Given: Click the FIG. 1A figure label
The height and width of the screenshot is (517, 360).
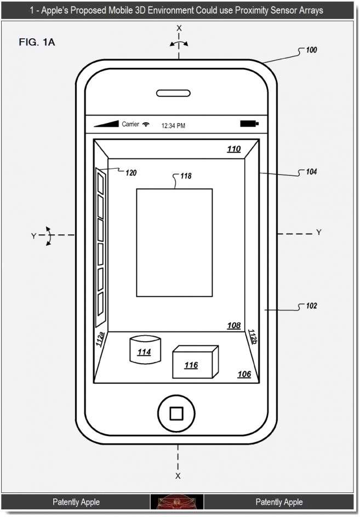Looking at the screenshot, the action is tap(37, 42).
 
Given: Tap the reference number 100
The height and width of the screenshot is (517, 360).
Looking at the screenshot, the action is tap(311, 50).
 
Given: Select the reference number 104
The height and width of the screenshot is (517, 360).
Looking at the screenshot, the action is tap(311, 171).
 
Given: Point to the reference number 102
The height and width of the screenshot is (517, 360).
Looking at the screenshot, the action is tap(311, 306).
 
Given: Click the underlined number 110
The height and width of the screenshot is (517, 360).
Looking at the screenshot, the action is tap(233, 149).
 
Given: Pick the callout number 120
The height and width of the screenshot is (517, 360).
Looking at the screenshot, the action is tap(130, 173).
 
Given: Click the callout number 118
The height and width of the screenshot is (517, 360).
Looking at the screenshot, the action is tap(186, 176).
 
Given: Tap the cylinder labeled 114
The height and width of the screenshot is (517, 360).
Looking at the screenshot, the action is tap(145, 349).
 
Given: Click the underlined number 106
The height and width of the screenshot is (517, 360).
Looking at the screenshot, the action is tap(244, 374).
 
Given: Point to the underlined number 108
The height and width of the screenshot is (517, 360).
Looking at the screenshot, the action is tap(233, 326).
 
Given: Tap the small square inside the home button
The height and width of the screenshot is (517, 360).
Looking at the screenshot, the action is tap(176, 413).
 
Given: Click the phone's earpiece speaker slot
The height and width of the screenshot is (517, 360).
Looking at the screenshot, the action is tap(173, 93).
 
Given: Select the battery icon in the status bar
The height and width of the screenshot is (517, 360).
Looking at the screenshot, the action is tap(249, 124).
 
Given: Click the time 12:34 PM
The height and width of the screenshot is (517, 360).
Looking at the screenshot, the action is tap(173, 125).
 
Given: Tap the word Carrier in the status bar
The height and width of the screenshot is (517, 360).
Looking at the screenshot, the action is tap(130, 124).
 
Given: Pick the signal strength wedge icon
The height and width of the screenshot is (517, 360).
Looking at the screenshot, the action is tap(106, 124).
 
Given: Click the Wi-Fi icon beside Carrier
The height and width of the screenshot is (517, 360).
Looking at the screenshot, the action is tap(146, 124).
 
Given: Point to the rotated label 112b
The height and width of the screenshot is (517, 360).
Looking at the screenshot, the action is tap(252, 337).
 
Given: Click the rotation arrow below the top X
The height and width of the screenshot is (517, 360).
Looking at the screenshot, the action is tap(179, 43).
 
